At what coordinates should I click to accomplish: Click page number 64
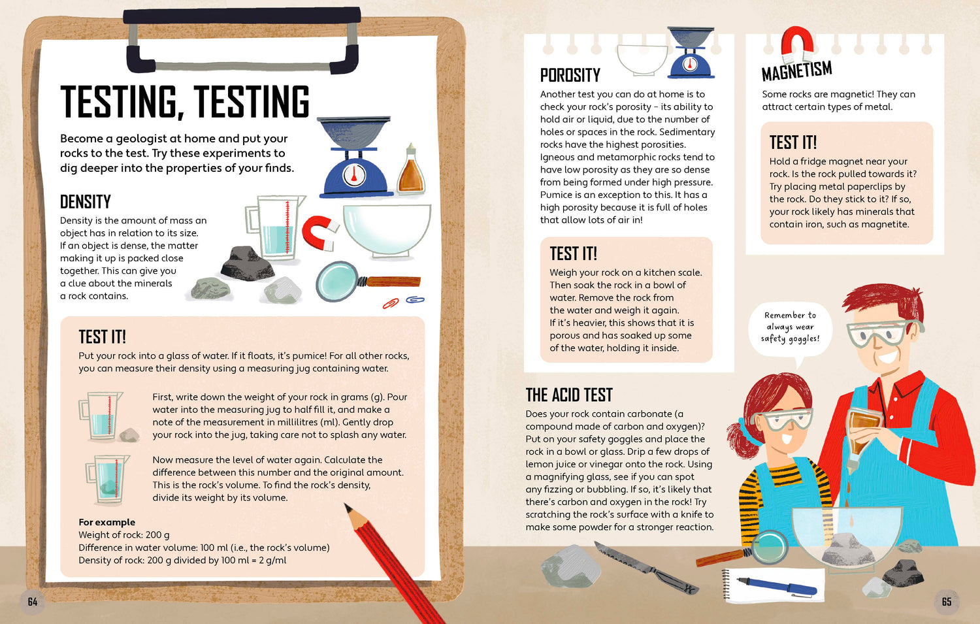pos(33,602)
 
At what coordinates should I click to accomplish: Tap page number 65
pos(947,602)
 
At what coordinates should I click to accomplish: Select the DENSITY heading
pos(86,202)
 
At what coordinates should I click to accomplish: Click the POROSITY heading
pos(570,75)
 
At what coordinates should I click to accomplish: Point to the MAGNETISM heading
pos(796,71)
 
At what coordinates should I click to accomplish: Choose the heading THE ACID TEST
pos(569,395)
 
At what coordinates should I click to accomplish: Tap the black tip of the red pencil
pos(348,508)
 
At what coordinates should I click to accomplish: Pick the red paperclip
pos(391,303)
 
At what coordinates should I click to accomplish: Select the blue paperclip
pos(415,300)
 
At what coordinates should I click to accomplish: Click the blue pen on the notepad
pos(777,586)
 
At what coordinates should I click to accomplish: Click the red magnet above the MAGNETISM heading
pos(797,44)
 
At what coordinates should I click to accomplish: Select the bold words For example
pos(106,522)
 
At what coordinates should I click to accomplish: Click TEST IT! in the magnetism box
pos(793,142)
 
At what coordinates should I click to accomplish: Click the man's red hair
pos(884,302)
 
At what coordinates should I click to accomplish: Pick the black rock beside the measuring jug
pos(247,263)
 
